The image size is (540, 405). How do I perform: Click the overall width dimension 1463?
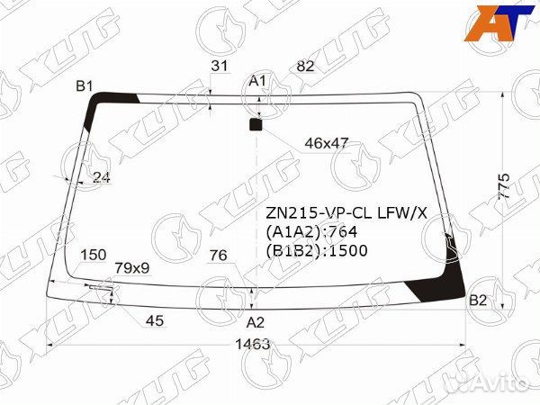click(x=252, y=344)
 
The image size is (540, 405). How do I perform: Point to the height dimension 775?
click(x=504, y=185)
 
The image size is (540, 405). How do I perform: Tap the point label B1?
click(x=85, y=86)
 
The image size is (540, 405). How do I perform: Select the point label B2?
click(x=478, y=301)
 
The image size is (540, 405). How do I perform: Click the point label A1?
click(x=257, y=81)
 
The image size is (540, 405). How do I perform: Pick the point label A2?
click(x=256, y=323)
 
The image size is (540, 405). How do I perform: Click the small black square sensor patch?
click(x=256, y=125)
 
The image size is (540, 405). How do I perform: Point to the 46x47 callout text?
click(x=327, y=143)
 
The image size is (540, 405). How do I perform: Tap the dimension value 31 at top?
click(x=220, y=66)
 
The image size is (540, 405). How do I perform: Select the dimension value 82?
click(x=305, y=66)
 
